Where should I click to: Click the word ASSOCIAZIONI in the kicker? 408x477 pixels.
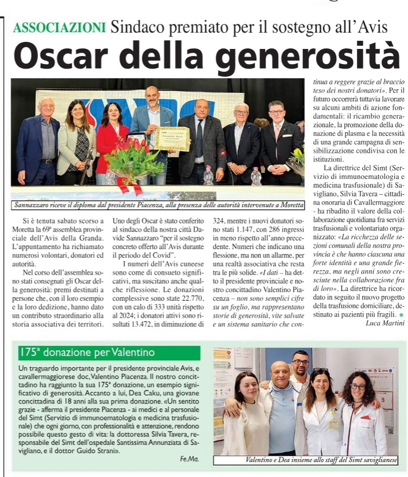click(x=60, y=27)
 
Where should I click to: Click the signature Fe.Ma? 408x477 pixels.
click(x=190, y=459)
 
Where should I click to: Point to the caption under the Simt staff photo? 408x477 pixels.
click(x=322, y=460)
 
